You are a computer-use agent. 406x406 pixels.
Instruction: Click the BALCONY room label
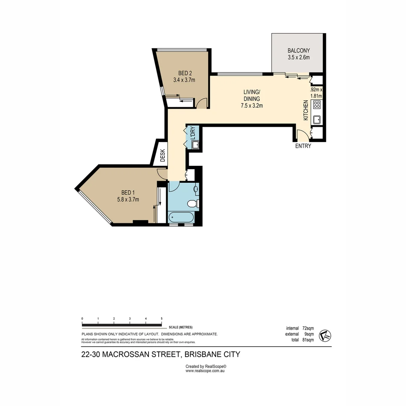298,50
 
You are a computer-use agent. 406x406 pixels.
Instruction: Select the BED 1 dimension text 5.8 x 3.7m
128,199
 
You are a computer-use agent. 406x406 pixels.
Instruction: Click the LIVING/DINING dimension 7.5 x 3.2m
251,106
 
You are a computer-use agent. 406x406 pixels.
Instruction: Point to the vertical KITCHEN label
306,110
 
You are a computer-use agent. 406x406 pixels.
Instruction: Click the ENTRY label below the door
303,146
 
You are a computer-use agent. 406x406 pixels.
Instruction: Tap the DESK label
162,155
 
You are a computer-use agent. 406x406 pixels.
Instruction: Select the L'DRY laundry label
192,133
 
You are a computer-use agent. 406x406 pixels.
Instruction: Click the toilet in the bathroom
192,204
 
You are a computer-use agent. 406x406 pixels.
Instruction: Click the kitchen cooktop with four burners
317,105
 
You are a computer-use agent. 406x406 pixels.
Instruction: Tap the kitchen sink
317,120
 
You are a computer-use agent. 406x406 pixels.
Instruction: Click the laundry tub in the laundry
195,145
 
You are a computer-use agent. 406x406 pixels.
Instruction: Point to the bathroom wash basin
196,189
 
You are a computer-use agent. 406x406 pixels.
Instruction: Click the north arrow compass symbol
324,336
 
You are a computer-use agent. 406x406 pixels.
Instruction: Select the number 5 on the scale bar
162,318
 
